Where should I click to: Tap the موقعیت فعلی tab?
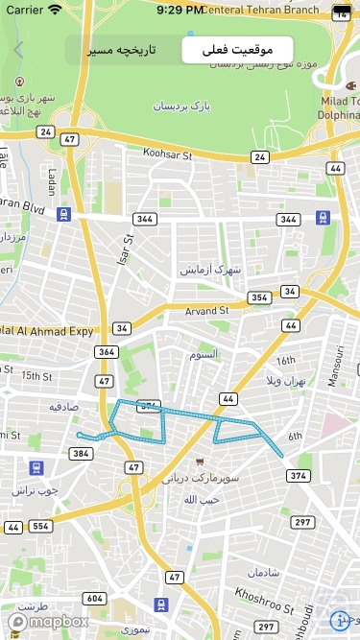237,49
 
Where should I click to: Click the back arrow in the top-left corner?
18,50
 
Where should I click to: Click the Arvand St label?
206,311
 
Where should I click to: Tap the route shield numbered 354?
259,297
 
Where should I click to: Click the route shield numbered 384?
81,453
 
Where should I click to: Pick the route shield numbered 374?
299,476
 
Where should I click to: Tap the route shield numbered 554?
40,527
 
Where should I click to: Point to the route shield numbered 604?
94,599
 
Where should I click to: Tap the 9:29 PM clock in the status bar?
180,10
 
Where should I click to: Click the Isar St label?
126,251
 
